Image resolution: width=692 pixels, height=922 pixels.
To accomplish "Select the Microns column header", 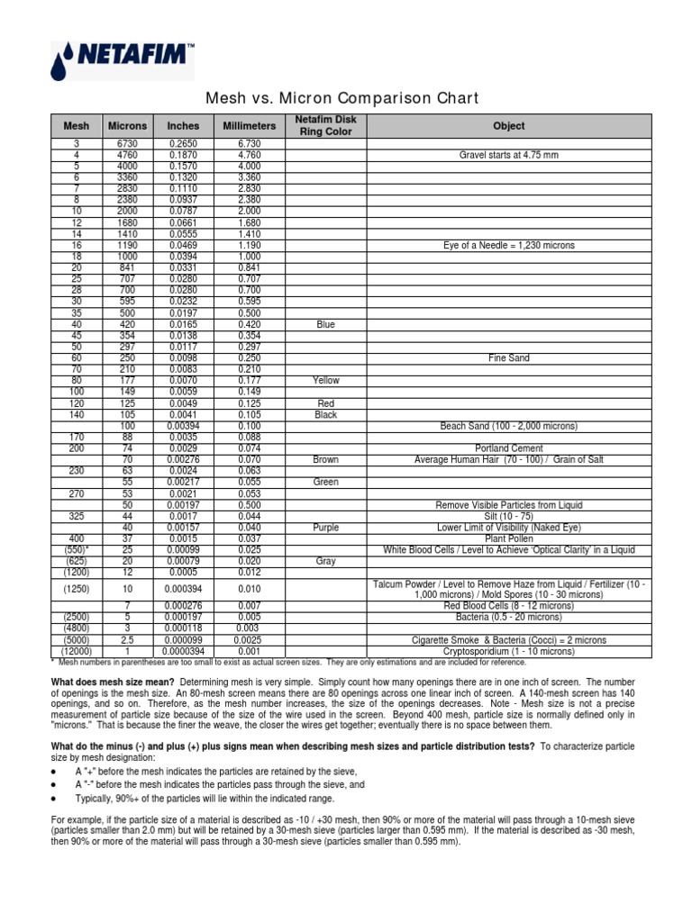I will (127, 126).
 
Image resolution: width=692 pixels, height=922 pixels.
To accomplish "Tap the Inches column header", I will (184, 126).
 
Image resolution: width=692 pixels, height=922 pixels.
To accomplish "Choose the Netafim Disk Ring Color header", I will (325, 126).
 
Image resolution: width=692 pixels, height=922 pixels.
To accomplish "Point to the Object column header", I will (508, 126).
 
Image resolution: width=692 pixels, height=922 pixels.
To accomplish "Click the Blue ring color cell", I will (325, 324).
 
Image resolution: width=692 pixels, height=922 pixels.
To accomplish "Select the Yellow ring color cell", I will (325, 381).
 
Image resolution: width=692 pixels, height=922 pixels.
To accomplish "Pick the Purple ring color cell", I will (325, 527).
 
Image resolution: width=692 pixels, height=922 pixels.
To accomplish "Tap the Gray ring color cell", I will (325, 561).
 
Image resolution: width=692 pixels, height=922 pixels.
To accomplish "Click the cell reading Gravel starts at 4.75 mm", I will (508, 155).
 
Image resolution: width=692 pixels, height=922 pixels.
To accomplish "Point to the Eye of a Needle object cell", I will (508, 245).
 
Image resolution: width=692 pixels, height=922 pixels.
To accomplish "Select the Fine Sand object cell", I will (508, 358).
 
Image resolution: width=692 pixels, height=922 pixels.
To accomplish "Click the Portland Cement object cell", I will (508, 448).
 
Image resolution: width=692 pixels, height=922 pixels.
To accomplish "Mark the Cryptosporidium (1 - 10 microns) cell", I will (508, 651).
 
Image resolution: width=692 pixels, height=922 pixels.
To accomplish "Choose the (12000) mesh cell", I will (76, 651).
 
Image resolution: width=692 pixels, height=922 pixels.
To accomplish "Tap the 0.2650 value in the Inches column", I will (184, 144).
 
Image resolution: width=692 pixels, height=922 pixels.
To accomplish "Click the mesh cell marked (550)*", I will (76, 549).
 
